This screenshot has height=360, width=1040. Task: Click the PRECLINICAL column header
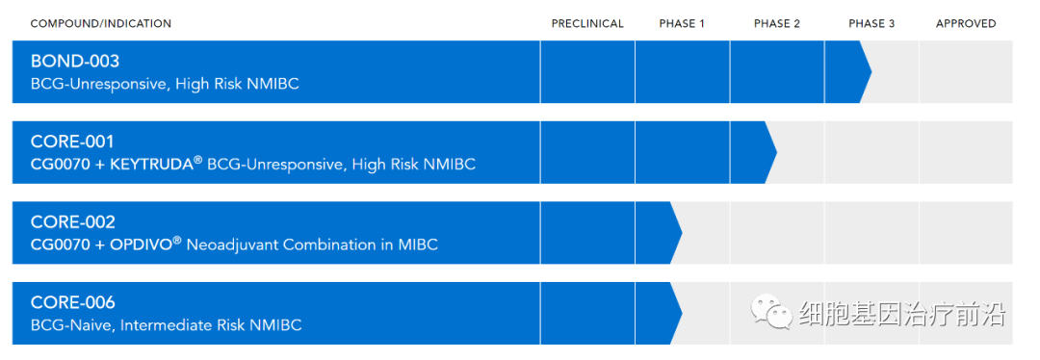click(587, 24)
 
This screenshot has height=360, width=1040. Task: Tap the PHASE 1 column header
click(682, 24)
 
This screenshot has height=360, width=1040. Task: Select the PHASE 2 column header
click(777, 24)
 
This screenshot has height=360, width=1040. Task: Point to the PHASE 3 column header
click(871, 24)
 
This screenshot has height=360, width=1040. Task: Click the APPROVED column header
click(966, 24)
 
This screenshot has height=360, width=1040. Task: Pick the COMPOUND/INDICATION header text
click(101, 24)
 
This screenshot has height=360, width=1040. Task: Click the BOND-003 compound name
click(75, 61)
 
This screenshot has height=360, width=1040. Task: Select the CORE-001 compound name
click(72, 141)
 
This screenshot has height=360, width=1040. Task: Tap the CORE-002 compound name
click(73, 222)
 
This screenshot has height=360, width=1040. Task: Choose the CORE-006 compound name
click(73, 302)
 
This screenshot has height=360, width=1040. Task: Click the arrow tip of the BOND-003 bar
click(871, 71)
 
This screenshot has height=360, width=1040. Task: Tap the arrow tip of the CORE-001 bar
click(776, 152)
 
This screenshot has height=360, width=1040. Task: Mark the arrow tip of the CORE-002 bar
click(681, 233)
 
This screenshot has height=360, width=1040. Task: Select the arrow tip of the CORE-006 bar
click(681, 313)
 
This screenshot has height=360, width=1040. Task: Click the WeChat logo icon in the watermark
click(771, 312)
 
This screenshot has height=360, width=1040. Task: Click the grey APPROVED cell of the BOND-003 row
click(966, 71)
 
